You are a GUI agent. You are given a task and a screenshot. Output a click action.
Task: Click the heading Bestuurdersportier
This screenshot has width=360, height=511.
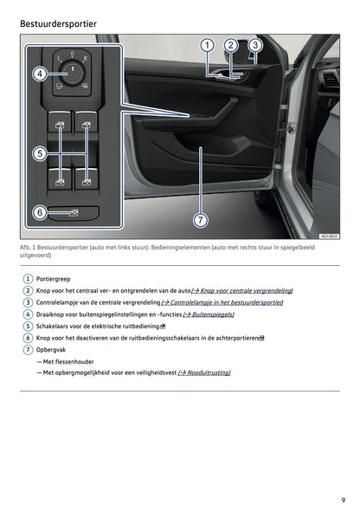pos(58,23)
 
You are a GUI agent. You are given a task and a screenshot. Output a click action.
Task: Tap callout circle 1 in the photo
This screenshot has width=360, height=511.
pos(207,45)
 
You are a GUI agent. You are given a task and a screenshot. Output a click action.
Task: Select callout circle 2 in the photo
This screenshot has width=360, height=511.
pos(231,45)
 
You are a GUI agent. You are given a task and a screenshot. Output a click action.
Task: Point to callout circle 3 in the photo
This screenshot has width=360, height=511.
pos(255,45)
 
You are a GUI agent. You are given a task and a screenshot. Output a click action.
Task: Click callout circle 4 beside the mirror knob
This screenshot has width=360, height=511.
pos(40,74)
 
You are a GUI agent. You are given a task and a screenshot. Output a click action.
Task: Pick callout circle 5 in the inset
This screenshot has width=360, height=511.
pos(40,153)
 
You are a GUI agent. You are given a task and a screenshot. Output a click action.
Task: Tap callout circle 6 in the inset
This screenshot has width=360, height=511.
pos(40,212)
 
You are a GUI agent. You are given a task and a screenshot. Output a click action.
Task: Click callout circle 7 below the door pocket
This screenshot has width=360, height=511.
pos(200,220)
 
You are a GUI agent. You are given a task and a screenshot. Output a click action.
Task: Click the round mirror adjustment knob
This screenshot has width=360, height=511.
pos(73,73)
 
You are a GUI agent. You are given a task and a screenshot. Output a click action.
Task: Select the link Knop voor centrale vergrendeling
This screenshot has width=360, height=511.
pos(241,291)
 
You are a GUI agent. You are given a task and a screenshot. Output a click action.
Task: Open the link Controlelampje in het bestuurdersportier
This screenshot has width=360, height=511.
pos(222,302)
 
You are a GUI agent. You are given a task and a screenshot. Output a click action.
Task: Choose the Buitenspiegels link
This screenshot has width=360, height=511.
pos(209,314)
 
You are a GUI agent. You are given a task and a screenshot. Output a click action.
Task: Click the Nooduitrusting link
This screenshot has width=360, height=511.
pos(204,372)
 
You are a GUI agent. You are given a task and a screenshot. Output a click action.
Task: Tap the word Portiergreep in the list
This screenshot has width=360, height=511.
pos(53,279)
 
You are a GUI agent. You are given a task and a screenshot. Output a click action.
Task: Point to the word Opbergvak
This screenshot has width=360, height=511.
pos(51,350)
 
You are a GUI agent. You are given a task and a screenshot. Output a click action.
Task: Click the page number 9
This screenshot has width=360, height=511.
pos(344,501)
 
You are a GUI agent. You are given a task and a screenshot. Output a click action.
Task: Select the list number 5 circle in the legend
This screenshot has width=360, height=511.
pos(28,327)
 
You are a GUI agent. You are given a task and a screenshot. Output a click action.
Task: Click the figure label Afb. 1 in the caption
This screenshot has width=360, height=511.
pos(28,248)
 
